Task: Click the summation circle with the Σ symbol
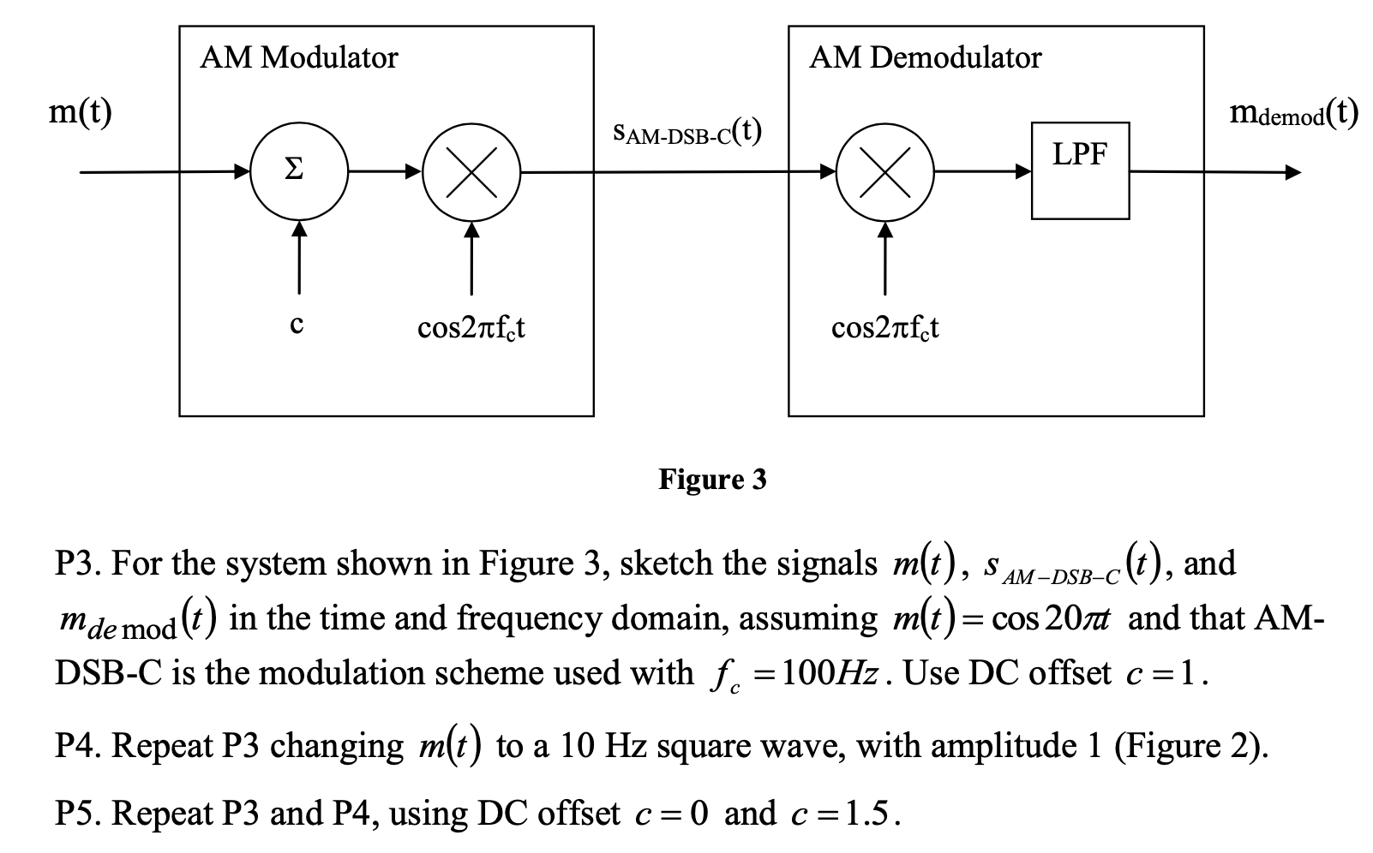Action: coord(297,171)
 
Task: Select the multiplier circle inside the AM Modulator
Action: coord(471,171)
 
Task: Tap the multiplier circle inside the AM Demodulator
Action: coord(885,171)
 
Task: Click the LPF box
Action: coord(1080,170)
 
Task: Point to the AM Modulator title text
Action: coord(298,57)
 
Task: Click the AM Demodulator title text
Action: coord(925,57)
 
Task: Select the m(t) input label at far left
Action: coord(80,112)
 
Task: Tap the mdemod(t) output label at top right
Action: coord(1293,112)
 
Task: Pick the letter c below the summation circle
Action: coord(297,325)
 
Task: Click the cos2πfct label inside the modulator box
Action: coord(471,327)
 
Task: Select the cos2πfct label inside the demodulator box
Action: coord(884,327)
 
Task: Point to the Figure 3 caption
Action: coord(712,480)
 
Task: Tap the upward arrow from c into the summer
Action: coord(298,257)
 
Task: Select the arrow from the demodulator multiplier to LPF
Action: coord(982,171)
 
